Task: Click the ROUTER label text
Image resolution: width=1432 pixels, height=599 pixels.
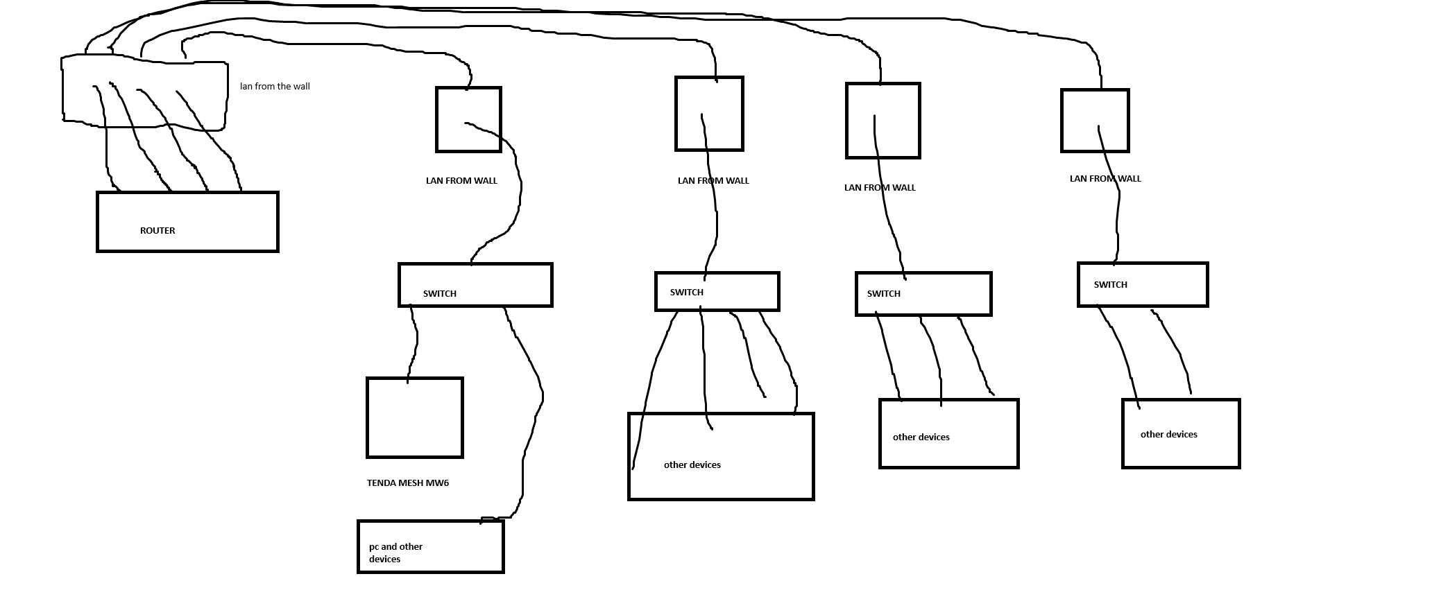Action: (x=157, y=231)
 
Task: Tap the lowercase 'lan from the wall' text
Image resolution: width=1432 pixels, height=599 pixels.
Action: (x=275, y=87)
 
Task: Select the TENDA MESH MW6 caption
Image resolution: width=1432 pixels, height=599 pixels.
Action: (x=408, y=483)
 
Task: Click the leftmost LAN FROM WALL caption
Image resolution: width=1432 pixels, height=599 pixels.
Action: (x=461, y=181)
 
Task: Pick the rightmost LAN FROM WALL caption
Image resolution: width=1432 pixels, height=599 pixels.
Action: (x=1105, y=179)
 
